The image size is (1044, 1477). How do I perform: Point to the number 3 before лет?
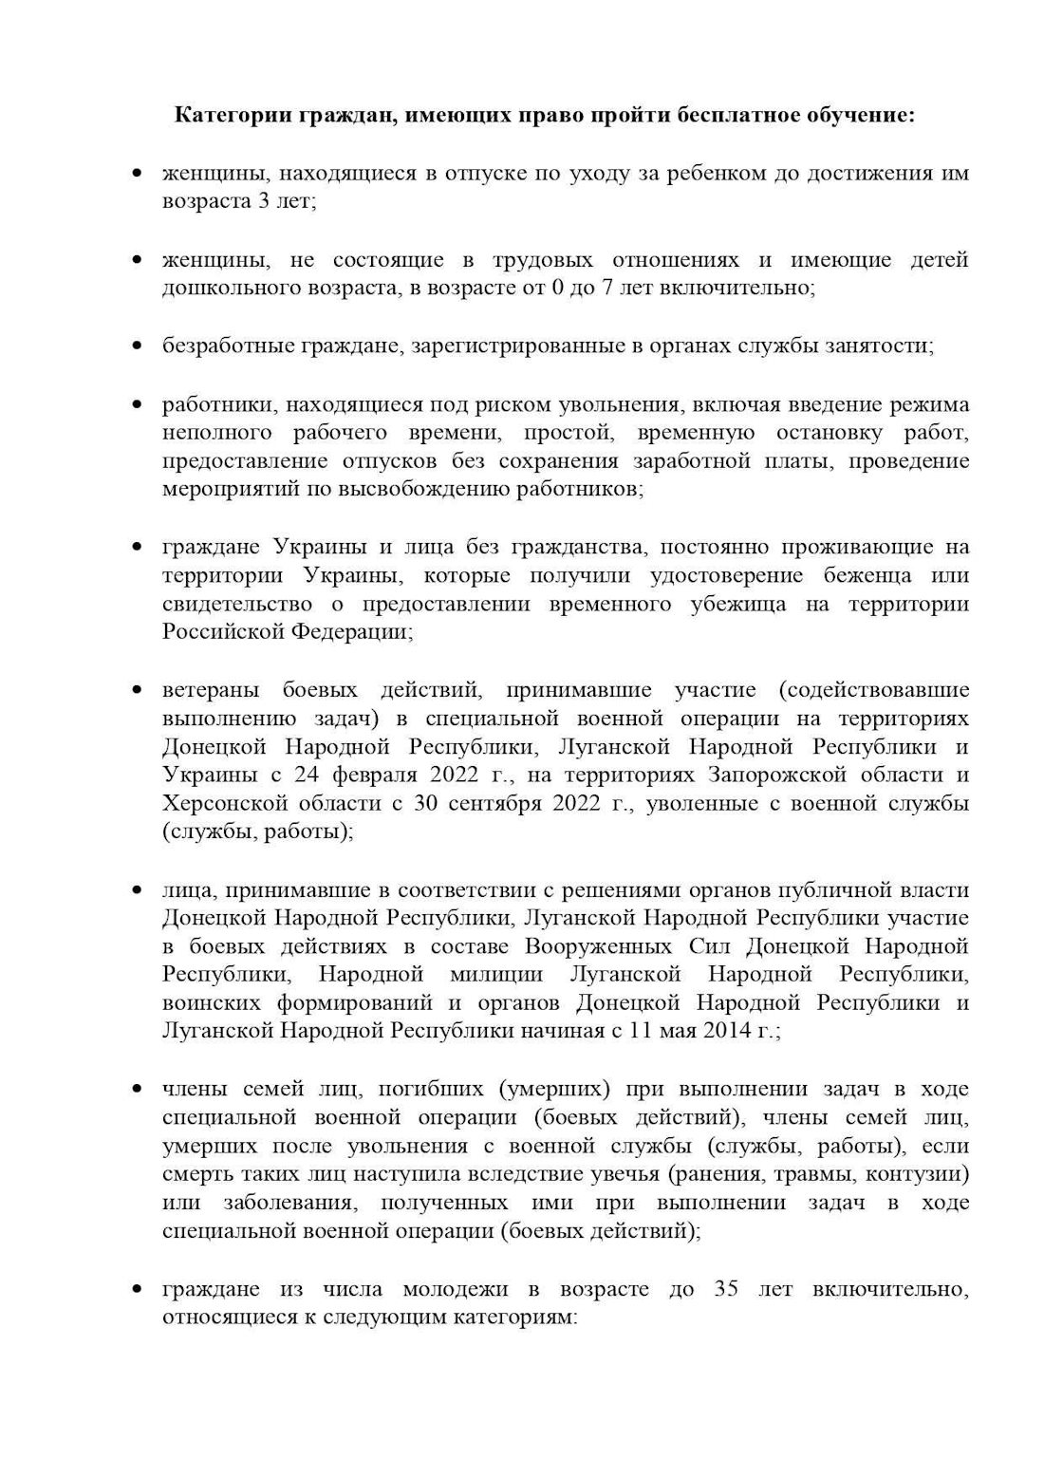coord(263,203)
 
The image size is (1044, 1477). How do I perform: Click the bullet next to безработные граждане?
coord(139,346)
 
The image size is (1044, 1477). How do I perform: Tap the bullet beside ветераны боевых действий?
coord(139,690)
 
